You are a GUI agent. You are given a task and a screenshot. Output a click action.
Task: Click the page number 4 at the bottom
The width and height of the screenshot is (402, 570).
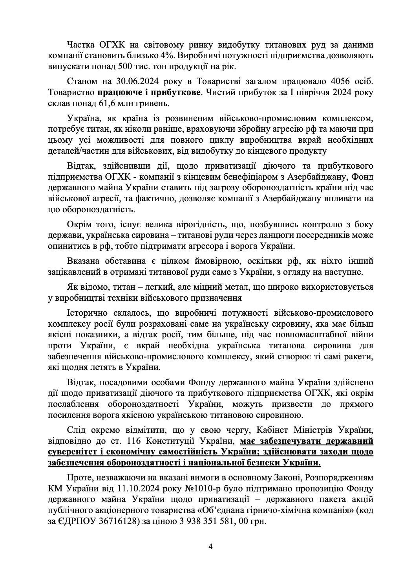pyautogui.click(x=210, y=546)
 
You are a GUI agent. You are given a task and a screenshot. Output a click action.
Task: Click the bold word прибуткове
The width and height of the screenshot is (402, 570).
pyautogui.click(x=179, y=93)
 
